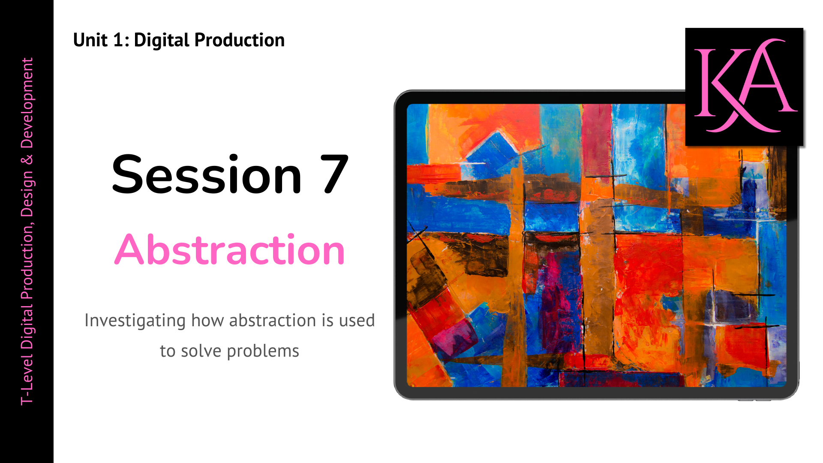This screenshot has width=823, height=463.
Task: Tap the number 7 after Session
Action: coord(333,175)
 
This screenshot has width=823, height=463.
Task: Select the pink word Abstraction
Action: coord(229,250)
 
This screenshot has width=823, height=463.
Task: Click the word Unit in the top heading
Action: coord(90,40)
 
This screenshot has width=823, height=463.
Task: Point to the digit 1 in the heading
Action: coord(118,40)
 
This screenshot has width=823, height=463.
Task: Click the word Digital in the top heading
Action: coord(162,40)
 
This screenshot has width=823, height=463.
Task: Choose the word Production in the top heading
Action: coord(239,40)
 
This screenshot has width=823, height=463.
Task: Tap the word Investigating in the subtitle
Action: coord(135,321)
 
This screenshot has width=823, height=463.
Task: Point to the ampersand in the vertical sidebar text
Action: coord(27,160)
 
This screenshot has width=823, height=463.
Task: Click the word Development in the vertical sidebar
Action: coord(27,103)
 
